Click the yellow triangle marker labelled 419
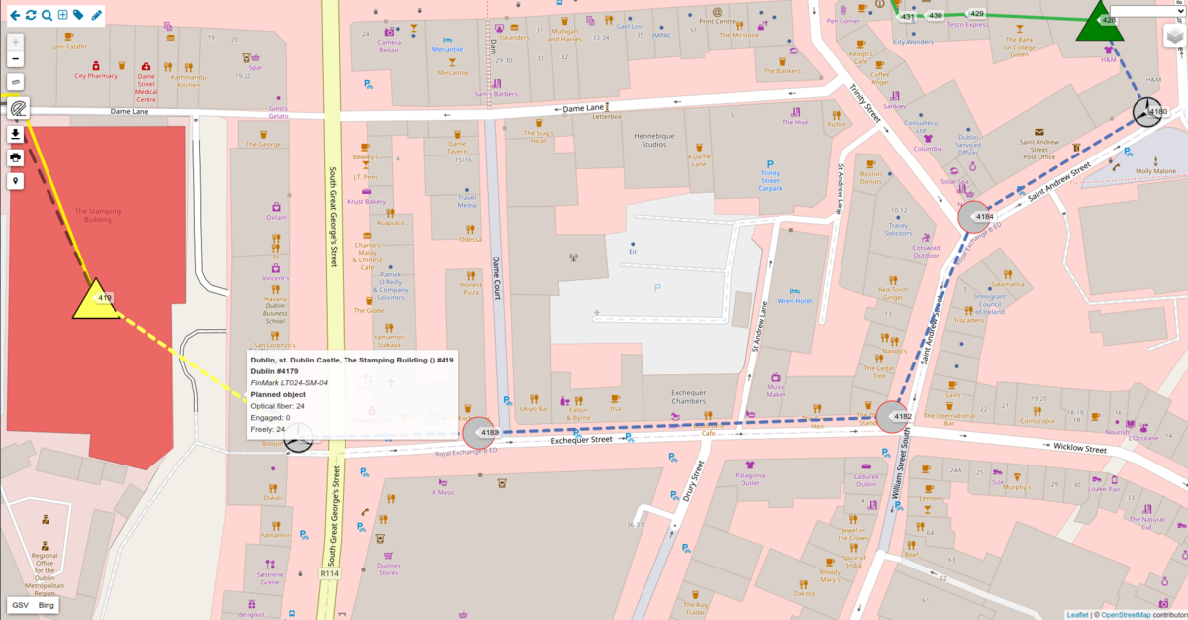[x=96, y=298]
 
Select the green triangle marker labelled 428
[x=1099, y=23]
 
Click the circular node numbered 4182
[x=894, y=417]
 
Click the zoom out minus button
[x=16, y=59]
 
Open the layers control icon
[x=1174, y=37]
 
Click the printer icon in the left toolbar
[x=16, y=157]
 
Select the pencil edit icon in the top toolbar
[x=96, y=15]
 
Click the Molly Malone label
[x=1155, y=171]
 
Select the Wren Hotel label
[x=794, y=301]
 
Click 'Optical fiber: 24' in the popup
[x=277, y=406]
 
